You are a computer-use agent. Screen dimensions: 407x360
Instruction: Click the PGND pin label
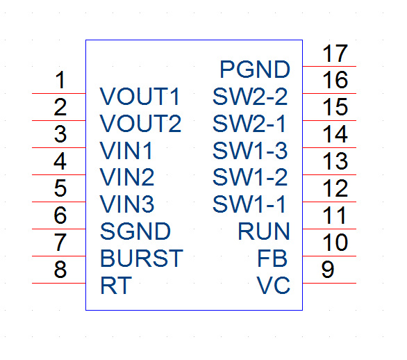tap(255, 69)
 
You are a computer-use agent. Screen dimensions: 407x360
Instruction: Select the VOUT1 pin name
tap(140, 97)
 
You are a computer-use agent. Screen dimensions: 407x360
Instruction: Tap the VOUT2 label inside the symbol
tap(140, 124)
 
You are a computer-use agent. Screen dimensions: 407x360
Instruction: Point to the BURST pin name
tap(142, 259)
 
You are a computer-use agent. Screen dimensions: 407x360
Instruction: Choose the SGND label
tap(135, 231)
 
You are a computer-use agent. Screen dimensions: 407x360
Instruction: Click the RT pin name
tap(116, 286)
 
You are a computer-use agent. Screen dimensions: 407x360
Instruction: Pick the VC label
tap(274, 286)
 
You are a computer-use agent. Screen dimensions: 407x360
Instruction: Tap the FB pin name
tap(272, 259)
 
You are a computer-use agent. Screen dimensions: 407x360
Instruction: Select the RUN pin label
tap(264, 231)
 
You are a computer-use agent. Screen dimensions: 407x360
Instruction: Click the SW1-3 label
tap(250, 151)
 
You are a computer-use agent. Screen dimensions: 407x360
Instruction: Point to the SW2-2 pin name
tap(250, 97)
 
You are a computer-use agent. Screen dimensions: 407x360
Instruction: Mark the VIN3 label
tap(127, 204)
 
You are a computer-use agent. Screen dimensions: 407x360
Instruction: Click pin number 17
tap(335, 54)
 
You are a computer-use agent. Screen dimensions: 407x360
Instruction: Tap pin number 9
tap(328, 270)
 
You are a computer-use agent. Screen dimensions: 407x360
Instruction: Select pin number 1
tap(60, 80)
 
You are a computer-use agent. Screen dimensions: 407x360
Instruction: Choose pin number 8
tap(60, 270)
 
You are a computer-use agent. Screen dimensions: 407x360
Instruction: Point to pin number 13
tap(335, 161)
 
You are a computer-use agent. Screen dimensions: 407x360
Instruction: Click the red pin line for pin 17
tap(329, 67)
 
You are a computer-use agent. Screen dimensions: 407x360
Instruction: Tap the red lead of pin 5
tap(59, 202)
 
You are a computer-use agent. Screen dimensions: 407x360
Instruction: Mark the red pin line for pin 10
tap(329, 256)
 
